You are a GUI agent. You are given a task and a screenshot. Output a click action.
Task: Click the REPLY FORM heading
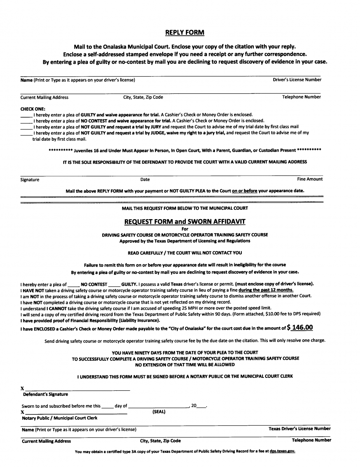click(x=185, y=32)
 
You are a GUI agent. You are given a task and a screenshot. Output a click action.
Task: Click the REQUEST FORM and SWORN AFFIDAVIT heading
click(x=185, y=222)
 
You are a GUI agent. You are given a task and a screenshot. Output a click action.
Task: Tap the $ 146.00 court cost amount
click(x=300, y=327)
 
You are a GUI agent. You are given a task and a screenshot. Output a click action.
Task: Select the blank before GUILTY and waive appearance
click(x=26, y=115)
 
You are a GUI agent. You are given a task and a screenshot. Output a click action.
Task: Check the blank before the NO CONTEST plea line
click(x=26, y=121)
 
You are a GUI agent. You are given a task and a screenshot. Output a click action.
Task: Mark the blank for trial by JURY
click(x=26, y=127)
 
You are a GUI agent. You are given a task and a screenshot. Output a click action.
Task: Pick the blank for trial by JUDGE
click(x=26, y=133)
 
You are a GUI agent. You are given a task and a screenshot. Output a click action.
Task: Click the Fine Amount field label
click(x=310, y=179)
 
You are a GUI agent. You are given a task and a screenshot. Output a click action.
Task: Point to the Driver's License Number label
click(x=297, y=80)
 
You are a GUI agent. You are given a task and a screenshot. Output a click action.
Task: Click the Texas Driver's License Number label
click(x=300, y=428)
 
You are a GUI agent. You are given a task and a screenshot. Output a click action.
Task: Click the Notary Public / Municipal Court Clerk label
click(x=59, y=418)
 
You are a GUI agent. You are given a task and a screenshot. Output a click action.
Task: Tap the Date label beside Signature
click(x=145, y=179)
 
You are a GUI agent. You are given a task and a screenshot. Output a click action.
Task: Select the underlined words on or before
click(x=245, y=191)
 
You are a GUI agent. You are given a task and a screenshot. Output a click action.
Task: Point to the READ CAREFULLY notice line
click(x=185, y=253)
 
